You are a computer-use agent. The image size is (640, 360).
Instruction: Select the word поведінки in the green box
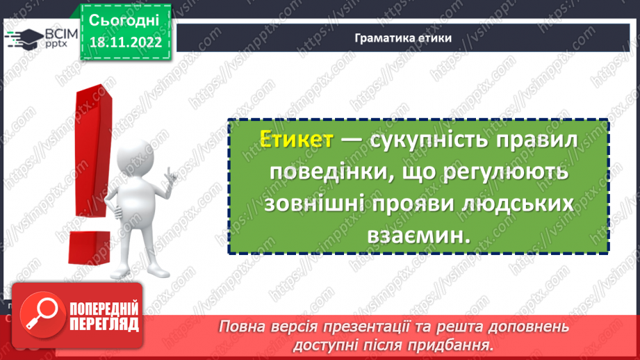pos(320,172)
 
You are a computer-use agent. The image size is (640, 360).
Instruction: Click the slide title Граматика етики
pos(402,38)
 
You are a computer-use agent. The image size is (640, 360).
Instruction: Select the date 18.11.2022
pos(126,42)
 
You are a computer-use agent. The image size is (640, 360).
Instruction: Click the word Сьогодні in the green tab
pos(125,19)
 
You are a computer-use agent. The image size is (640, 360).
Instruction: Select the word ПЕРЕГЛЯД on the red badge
pos(103,324)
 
